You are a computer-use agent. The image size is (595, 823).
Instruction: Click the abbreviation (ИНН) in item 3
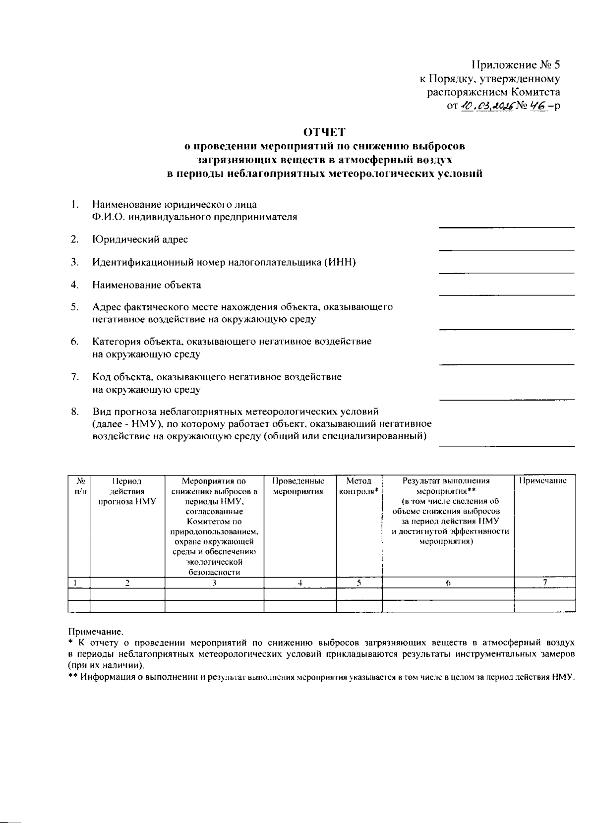click(x=340, y=262)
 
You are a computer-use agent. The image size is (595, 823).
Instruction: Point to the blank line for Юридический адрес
click(x=506, y=249)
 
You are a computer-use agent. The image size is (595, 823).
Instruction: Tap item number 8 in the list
click(x=75, y=411)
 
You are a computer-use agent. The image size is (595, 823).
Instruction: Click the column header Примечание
click(x=542, y=481)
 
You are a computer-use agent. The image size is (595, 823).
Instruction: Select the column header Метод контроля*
click(x=359, y=486)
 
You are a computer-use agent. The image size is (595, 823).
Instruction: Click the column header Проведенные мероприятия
click(x=298, y=486)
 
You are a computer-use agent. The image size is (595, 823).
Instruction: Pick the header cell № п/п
click(x=79, y=486)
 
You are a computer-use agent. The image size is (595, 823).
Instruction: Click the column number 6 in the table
click(x=447, y=584)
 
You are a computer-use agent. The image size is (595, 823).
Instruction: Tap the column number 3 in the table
click(x=214, y=584)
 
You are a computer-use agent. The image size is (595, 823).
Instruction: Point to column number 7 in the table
click(x=544, y=583)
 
